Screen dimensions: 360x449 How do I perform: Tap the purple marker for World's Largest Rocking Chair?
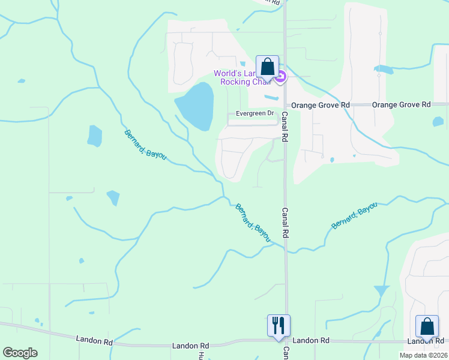point(280,76)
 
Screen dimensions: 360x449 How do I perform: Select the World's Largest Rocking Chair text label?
point(243,77)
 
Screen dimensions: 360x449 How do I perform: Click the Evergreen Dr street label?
point(255,113)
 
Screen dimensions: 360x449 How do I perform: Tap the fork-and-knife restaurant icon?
point(278,325)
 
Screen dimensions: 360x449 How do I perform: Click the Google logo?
point(20,353)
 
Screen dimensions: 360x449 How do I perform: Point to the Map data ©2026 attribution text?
point(423,355)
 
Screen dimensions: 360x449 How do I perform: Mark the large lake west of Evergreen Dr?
point(195,106)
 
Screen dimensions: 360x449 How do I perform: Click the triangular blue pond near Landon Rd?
point(381,291)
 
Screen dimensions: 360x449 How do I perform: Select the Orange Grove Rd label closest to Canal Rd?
point(321,104)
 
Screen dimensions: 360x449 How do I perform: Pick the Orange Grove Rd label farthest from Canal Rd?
point(402,104)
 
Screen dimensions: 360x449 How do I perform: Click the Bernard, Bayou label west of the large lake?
point(145,145)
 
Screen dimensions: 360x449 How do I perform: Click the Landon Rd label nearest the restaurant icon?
point(310,340)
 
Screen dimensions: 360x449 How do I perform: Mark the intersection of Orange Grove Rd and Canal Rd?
point(285,104)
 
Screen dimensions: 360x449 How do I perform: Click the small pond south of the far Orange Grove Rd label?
point(438,122)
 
